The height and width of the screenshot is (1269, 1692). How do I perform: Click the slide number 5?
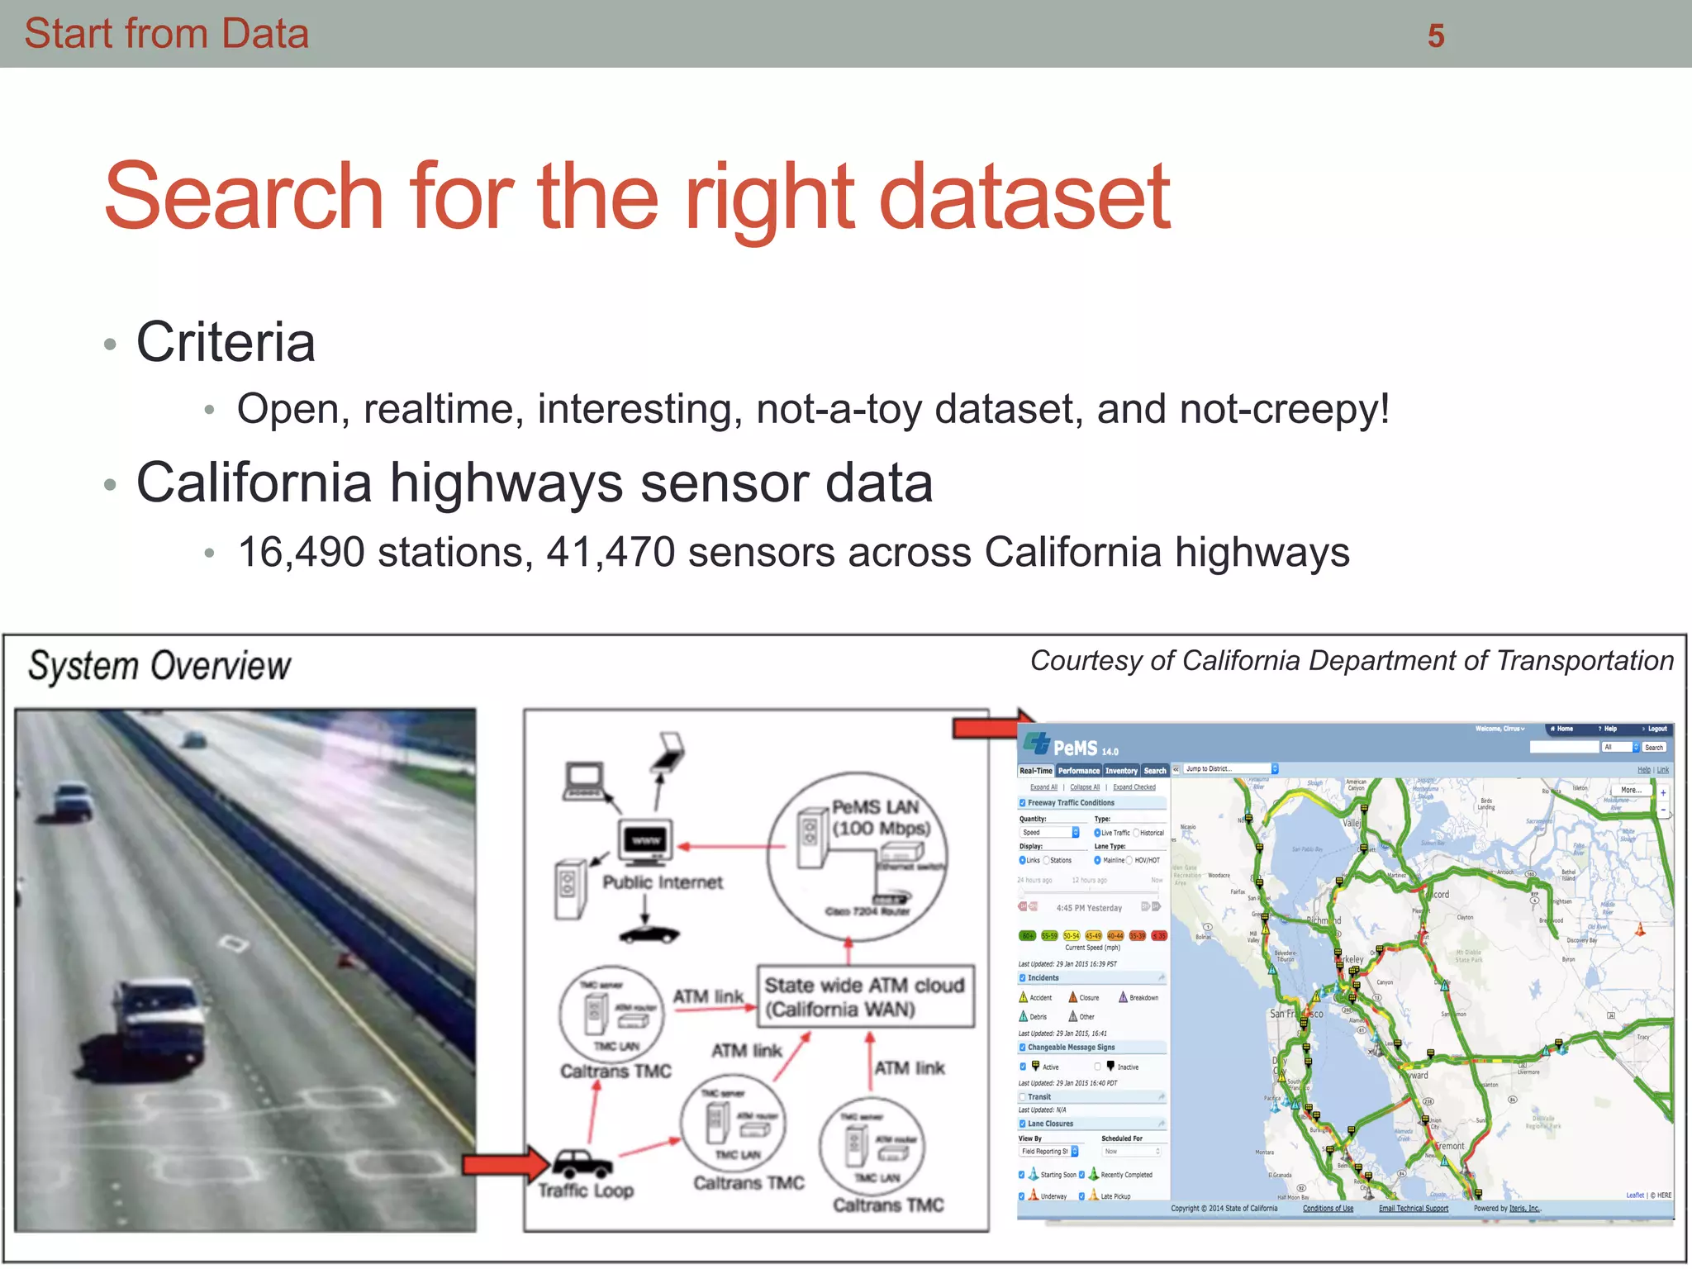point(1436,36)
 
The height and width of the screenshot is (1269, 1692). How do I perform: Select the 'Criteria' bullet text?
point(226,342)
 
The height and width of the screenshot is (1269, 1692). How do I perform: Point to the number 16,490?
point(301,552)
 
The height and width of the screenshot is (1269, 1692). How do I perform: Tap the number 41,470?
point(611,552)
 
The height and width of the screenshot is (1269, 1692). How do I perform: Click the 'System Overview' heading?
point(159,666)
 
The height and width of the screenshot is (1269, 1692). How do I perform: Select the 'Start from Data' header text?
point(166,34)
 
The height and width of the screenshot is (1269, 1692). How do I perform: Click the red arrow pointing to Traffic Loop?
point(505,1164)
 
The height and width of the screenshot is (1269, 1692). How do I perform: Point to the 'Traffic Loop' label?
point(586,1191)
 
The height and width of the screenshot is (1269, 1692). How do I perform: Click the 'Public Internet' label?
point(663,882)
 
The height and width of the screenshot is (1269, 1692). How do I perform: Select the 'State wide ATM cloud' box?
point(865,996)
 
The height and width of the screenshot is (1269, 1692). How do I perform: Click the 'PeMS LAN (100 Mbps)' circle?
point(857,856)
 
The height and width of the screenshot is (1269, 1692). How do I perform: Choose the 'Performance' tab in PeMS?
point(1079,771)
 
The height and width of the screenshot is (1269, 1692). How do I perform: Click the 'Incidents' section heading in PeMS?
point(1043,978)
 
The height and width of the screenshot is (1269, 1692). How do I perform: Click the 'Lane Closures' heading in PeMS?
point(1050,1124)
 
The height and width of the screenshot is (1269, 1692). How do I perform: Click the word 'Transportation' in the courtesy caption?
point(1585,661)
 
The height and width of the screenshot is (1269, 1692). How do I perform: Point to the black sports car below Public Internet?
point(649,934)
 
